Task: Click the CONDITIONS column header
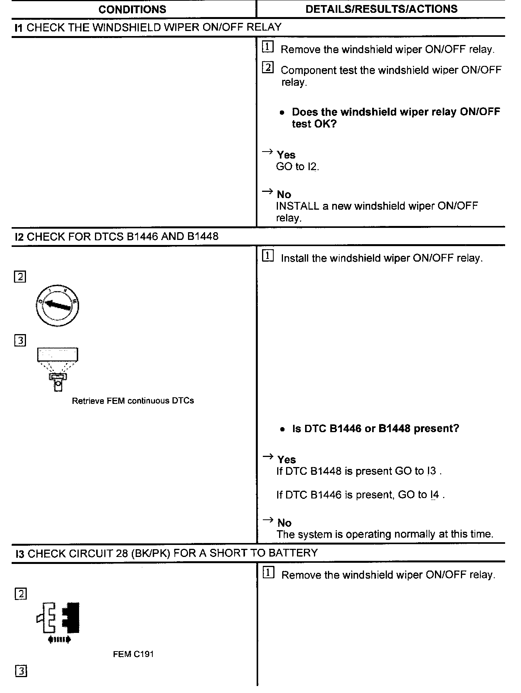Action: pos(132,9)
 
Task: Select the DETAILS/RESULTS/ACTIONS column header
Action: pos(381,9)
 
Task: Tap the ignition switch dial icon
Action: pos(57,305)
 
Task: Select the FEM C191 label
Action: pos(133,654)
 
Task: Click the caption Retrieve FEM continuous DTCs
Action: pos(133,401)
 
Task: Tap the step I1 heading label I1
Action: pos(18,28)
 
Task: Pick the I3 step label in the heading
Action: pos(20,553)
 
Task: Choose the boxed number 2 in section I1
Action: pos(267,68)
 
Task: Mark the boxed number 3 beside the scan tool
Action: pos(20,341)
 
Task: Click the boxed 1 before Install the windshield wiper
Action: pos(268,256)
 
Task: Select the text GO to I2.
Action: pos(297,167)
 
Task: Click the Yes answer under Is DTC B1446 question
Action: pos(286,460)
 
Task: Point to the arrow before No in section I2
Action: pos(268,520)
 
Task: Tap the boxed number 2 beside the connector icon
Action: pos(21,594)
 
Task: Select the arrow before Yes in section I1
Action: pos(267,152)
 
